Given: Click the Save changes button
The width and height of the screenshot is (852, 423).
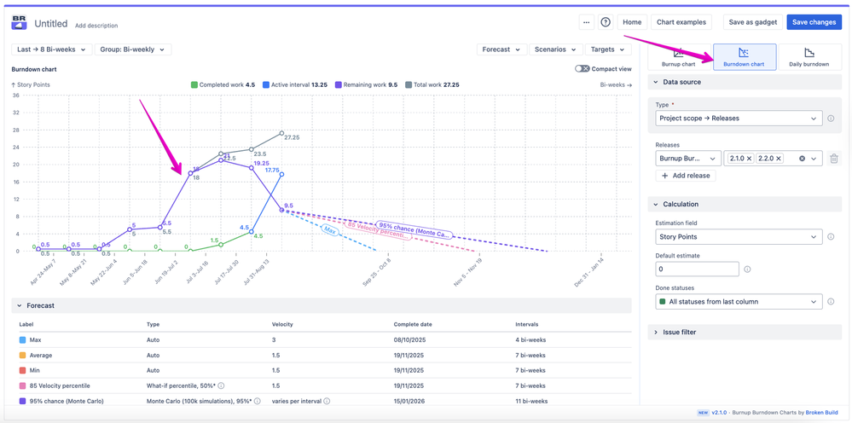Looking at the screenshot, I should [x=814, y=22].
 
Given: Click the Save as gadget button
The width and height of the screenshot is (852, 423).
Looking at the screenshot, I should [x=752, y=22].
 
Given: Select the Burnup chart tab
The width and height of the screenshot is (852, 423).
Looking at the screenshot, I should [x=678, y=57].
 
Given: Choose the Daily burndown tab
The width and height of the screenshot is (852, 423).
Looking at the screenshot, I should [x=809, y=57].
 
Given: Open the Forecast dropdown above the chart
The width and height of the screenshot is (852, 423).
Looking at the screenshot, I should [x=501, y=49].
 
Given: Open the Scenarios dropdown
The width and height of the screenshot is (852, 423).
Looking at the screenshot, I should [x=556, y=49].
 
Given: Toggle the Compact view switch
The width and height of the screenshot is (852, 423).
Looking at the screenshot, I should [x=582, y=69].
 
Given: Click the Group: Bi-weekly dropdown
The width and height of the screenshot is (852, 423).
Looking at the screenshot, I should [x=133, y=49].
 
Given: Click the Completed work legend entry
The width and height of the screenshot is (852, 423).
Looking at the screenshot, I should [x=223, y=85].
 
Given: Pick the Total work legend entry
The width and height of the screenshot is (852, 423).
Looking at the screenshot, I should [x=432, y=85].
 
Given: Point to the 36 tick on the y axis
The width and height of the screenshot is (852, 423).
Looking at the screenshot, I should [x=15, y=96].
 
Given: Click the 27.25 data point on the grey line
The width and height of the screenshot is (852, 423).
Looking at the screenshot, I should [x=282, y=133].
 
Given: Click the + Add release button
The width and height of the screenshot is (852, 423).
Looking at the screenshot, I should [x=687, y=176].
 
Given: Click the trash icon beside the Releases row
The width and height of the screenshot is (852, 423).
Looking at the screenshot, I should [x=834, y=159].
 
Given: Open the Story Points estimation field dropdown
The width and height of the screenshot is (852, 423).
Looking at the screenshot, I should [x=739, y=237].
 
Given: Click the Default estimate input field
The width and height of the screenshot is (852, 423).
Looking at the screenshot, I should [x=697, y=269].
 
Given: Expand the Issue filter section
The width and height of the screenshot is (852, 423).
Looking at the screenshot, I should [x=679, y=333].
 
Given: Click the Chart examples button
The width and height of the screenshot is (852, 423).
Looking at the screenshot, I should [x=681, y=22].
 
